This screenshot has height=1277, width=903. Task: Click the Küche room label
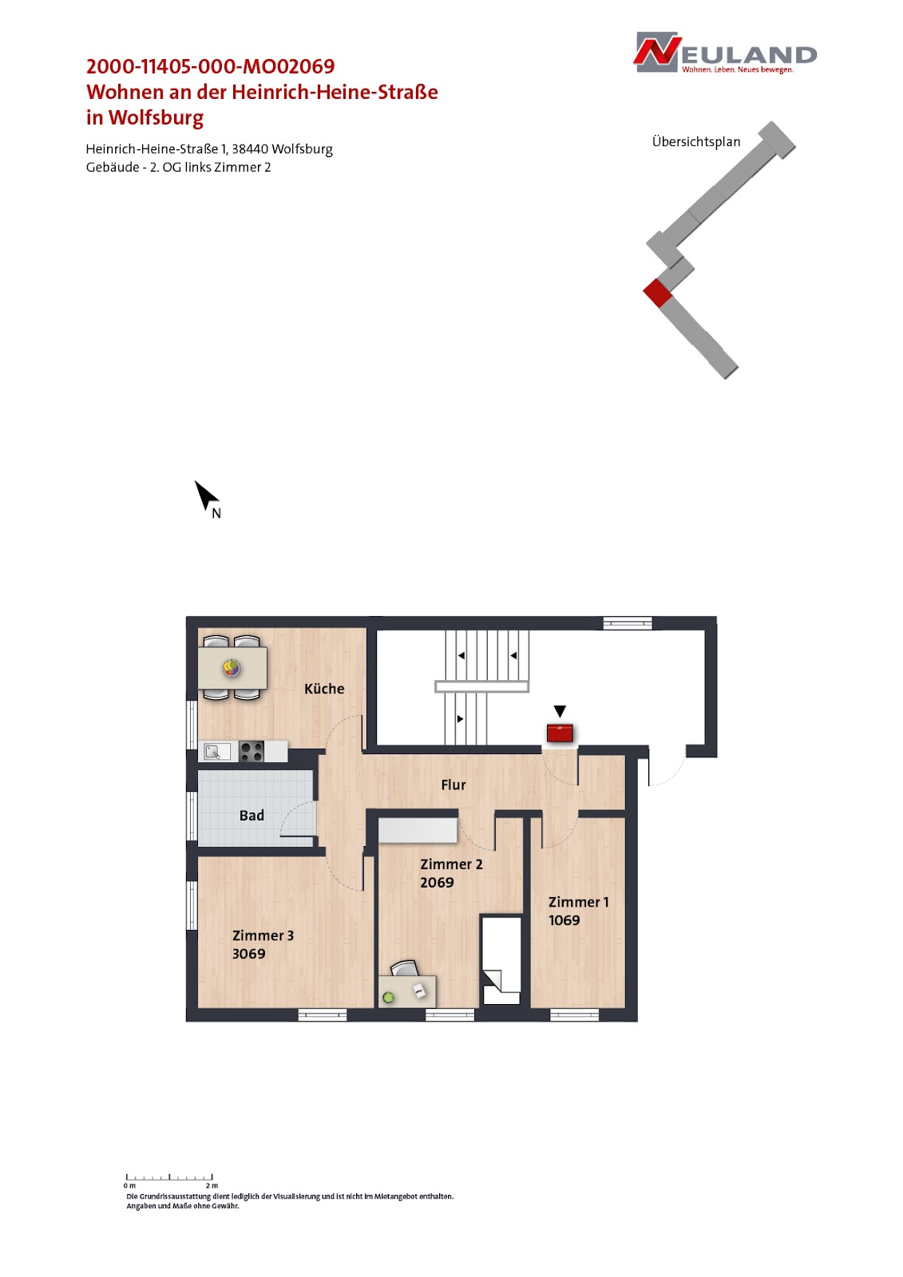pyautogui.click(x=324, y=689)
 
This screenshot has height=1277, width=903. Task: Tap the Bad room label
pyautogui.click(x=251, y=816)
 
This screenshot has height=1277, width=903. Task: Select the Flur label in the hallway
pyautogui.click(x=453, y=785)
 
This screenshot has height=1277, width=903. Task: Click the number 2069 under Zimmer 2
pyautogui.click(x=437, y=883)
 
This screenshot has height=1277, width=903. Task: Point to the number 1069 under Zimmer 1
pyautogui.click(x=564, y=920)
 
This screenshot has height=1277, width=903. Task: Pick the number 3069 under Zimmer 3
pyautogui.click(x=249, y=954)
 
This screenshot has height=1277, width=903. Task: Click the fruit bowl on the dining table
pyautogui.click(x=232, y=667)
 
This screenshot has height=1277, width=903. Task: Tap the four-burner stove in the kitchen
pyautogui.click(x=251, y=751)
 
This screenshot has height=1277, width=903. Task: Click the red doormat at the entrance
pyautogui.click(x=560, y=733)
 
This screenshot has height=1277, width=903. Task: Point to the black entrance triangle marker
pyautogui.click(x=560, y=711)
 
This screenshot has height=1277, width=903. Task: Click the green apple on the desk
pyautogui.click(x=389, y=997)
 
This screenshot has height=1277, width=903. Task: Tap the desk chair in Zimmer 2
pyautogui.click(x=405, y=968)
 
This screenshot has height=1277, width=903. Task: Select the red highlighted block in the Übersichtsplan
pyautogui.click(x=658, y=293)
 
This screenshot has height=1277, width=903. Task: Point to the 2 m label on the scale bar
pyautogui.click(x=212, y=1185)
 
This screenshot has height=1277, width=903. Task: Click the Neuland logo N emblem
pyautogui.click(x=657, y=51)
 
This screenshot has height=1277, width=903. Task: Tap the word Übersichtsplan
pyautogui.click(x=696, y=141)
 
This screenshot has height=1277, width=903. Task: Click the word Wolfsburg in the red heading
pyautogui.click(x=156, y=117)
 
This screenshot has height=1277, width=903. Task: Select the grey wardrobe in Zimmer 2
pyautogui.click(x=418, y=830)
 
